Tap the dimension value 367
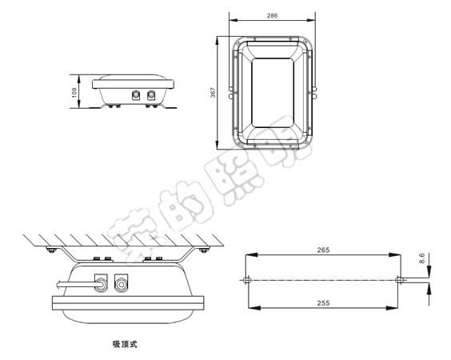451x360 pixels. click(213, 94)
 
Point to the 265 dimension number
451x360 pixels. click(323, 250)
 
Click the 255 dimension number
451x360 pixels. click(323, 304)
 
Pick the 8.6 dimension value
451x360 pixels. click(422, 258)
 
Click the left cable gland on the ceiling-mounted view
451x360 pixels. click(101, 282)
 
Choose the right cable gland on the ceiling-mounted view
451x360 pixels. click(121, 282)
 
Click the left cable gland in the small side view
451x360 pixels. click(134, 94)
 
